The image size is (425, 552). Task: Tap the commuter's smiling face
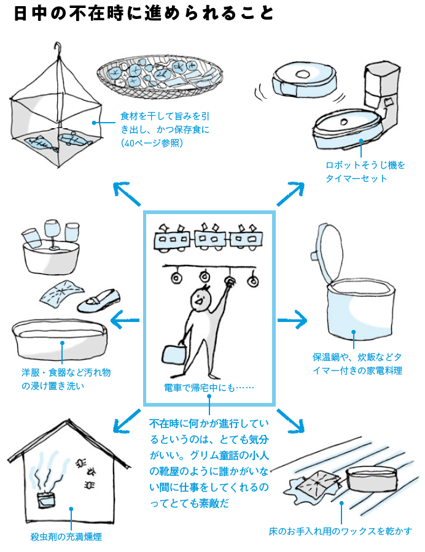click(200, 300)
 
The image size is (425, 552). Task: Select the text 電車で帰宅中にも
click(209, 388)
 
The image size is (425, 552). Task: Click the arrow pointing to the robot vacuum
click(290, 194)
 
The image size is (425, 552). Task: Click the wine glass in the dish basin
click(52, 236)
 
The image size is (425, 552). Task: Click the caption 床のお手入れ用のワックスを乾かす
click(340, 531)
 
